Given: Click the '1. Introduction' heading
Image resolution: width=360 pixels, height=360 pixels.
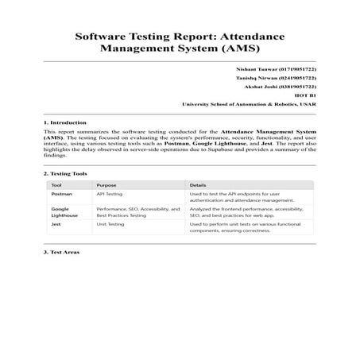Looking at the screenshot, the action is click(x=64, y=122).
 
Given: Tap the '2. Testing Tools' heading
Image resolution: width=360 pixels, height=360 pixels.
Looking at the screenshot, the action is click(x=65, y=173).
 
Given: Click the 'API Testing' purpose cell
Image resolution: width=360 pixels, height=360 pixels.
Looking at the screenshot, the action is click(x=109, y=193).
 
